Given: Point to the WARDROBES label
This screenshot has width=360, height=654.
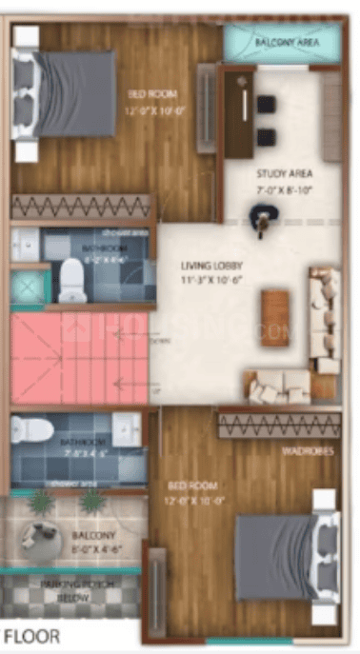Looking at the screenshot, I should [309, 451].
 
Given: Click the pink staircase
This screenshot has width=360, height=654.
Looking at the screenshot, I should [80, 359].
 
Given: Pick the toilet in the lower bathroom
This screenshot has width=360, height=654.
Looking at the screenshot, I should [32, 431].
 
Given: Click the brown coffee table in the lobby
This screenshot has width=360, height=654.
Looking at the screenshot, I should [275, 317].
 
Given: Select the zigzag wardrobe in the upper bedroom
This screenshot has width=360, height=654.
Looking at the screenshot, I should [81, 207].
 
